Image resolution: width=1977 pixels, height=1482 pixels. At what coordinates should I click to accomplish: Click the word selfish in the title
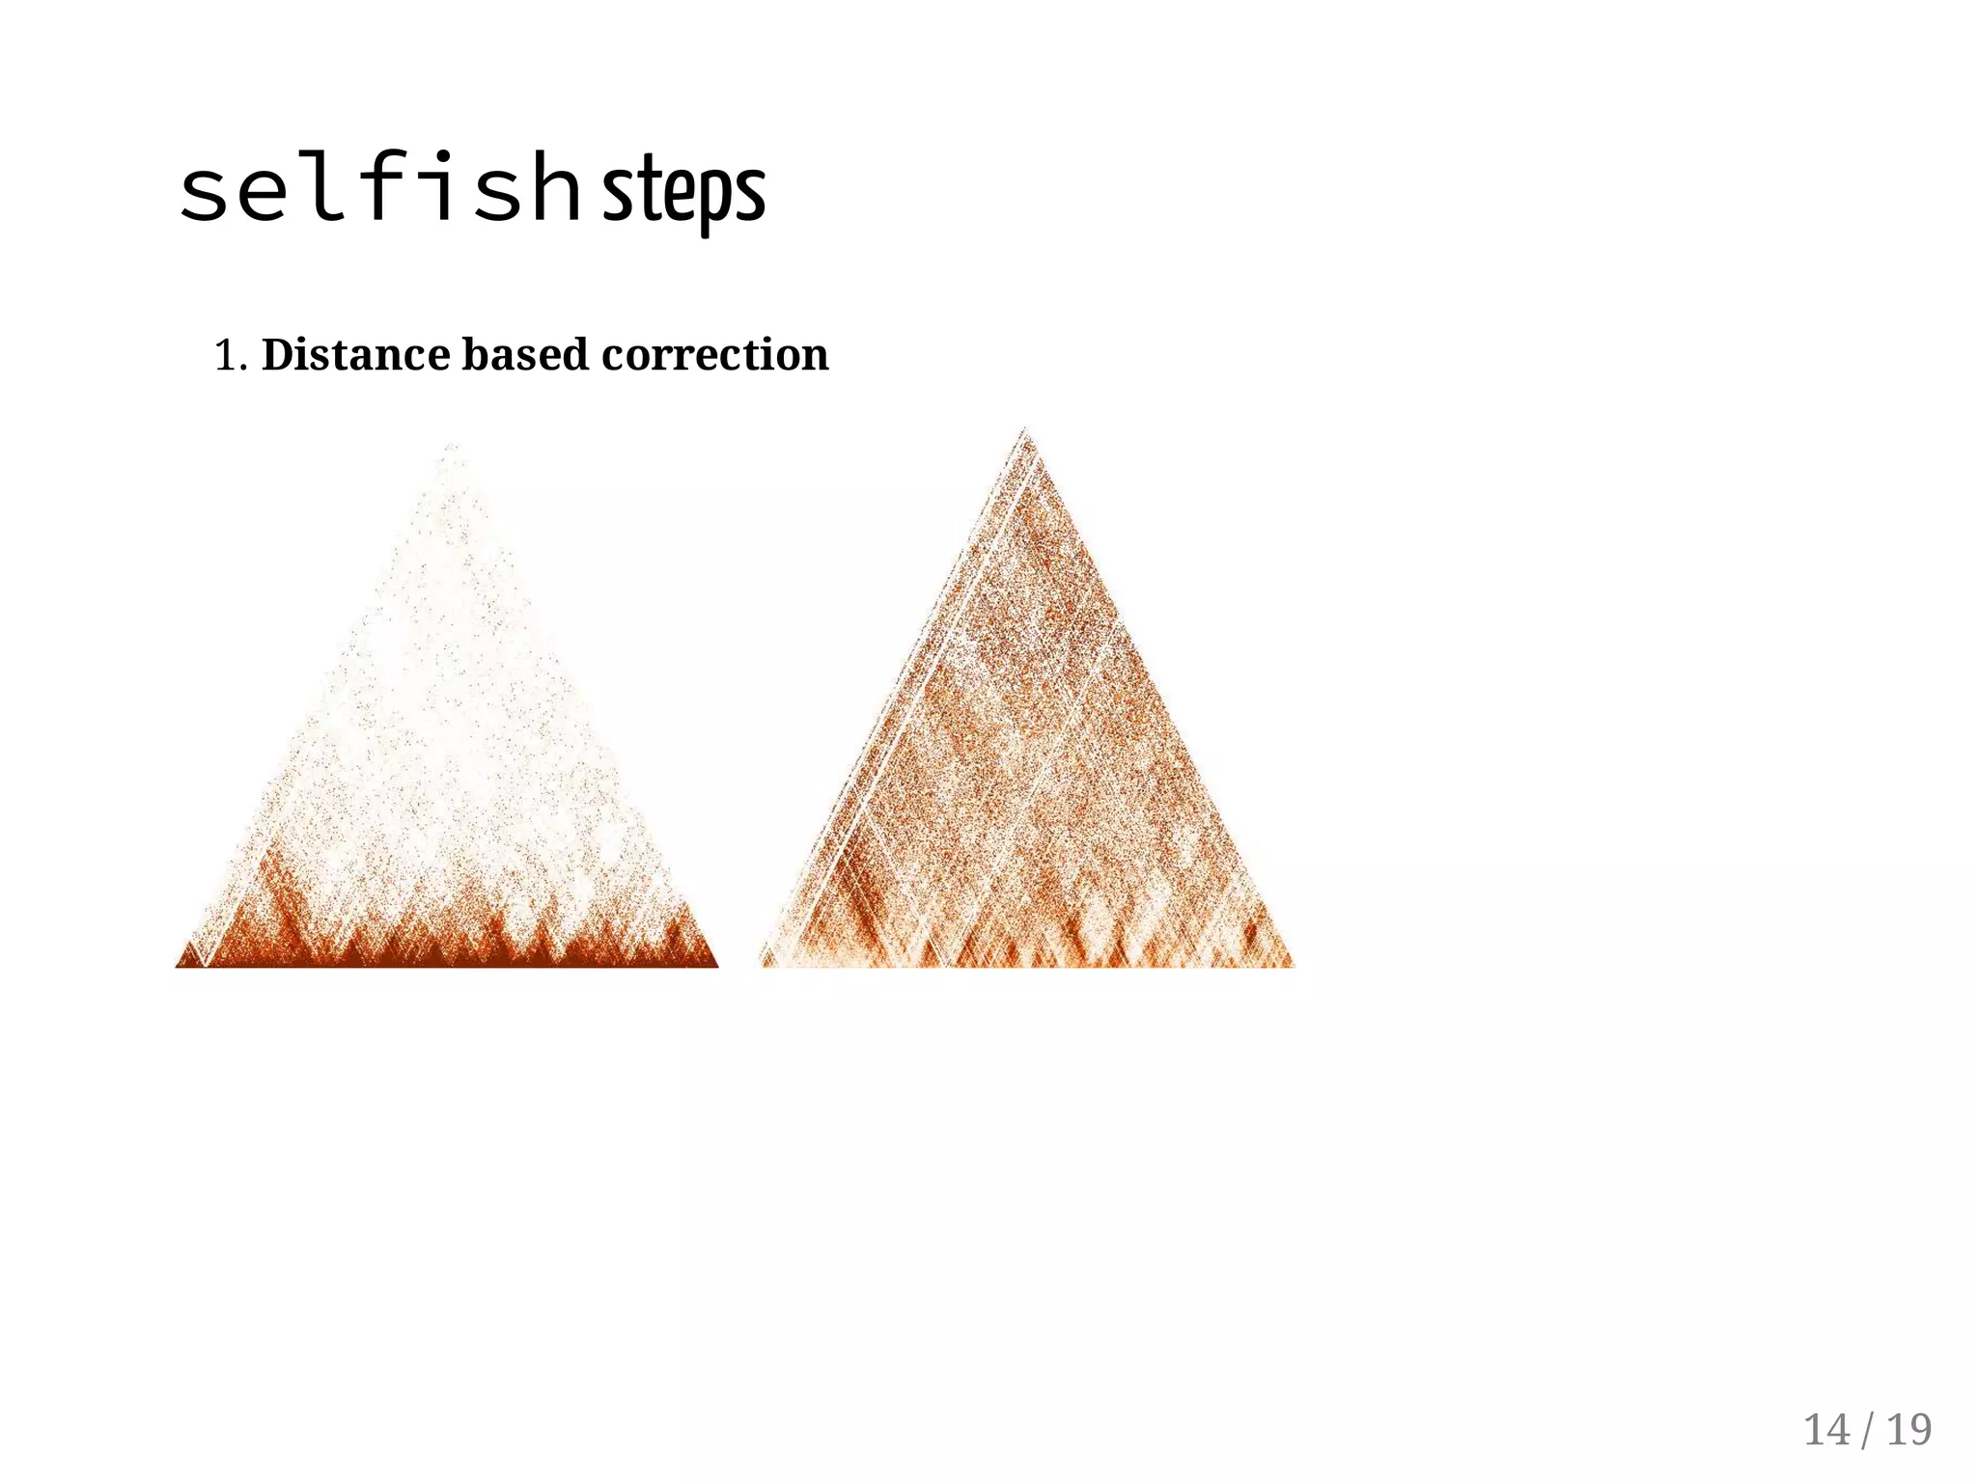[x=379, y=188]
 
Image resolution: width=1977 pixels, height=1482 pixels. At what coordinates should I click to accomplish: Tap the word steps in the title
[x=684, y=192]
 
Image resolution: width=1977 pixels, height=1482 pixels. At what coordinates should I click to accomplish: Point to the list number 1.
[x=227, y=356]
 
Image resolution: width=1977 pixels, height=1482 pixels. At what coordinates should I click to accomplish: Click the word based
[x=525, y=354]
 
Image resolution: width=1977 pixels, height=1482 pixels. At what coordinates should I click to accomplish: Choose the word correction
[x=714, y=355]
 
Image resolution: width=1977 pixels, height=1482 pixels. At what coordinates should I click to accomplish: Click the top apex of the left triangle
[x=451, y=445]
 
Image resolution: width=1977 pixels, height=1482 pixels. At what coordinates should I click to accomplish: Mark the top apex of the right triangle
[x=1024, y=429]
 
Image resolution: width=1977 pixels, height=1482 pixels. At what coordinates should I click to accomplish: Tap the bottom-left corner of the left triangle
[x=177, y=965]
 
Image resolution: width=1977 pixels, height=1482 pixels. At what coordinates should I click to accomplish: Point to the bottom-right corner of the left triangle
[x=717, y=965]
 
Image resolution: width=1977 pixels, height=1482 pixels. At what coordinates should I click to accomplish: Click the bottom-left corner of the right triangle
[x=762, y=964]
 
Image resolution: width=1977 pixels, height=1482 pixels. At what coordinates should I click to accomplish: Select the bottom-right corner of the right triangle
[x=1293, y=964]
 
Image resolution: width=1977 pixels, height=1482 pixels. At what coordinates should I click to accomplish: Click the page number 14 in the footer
[x=1826, y=1430]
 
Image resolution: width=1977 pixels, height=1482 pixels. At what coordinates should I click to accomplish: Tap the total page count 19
[x=1908, y=1430]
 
